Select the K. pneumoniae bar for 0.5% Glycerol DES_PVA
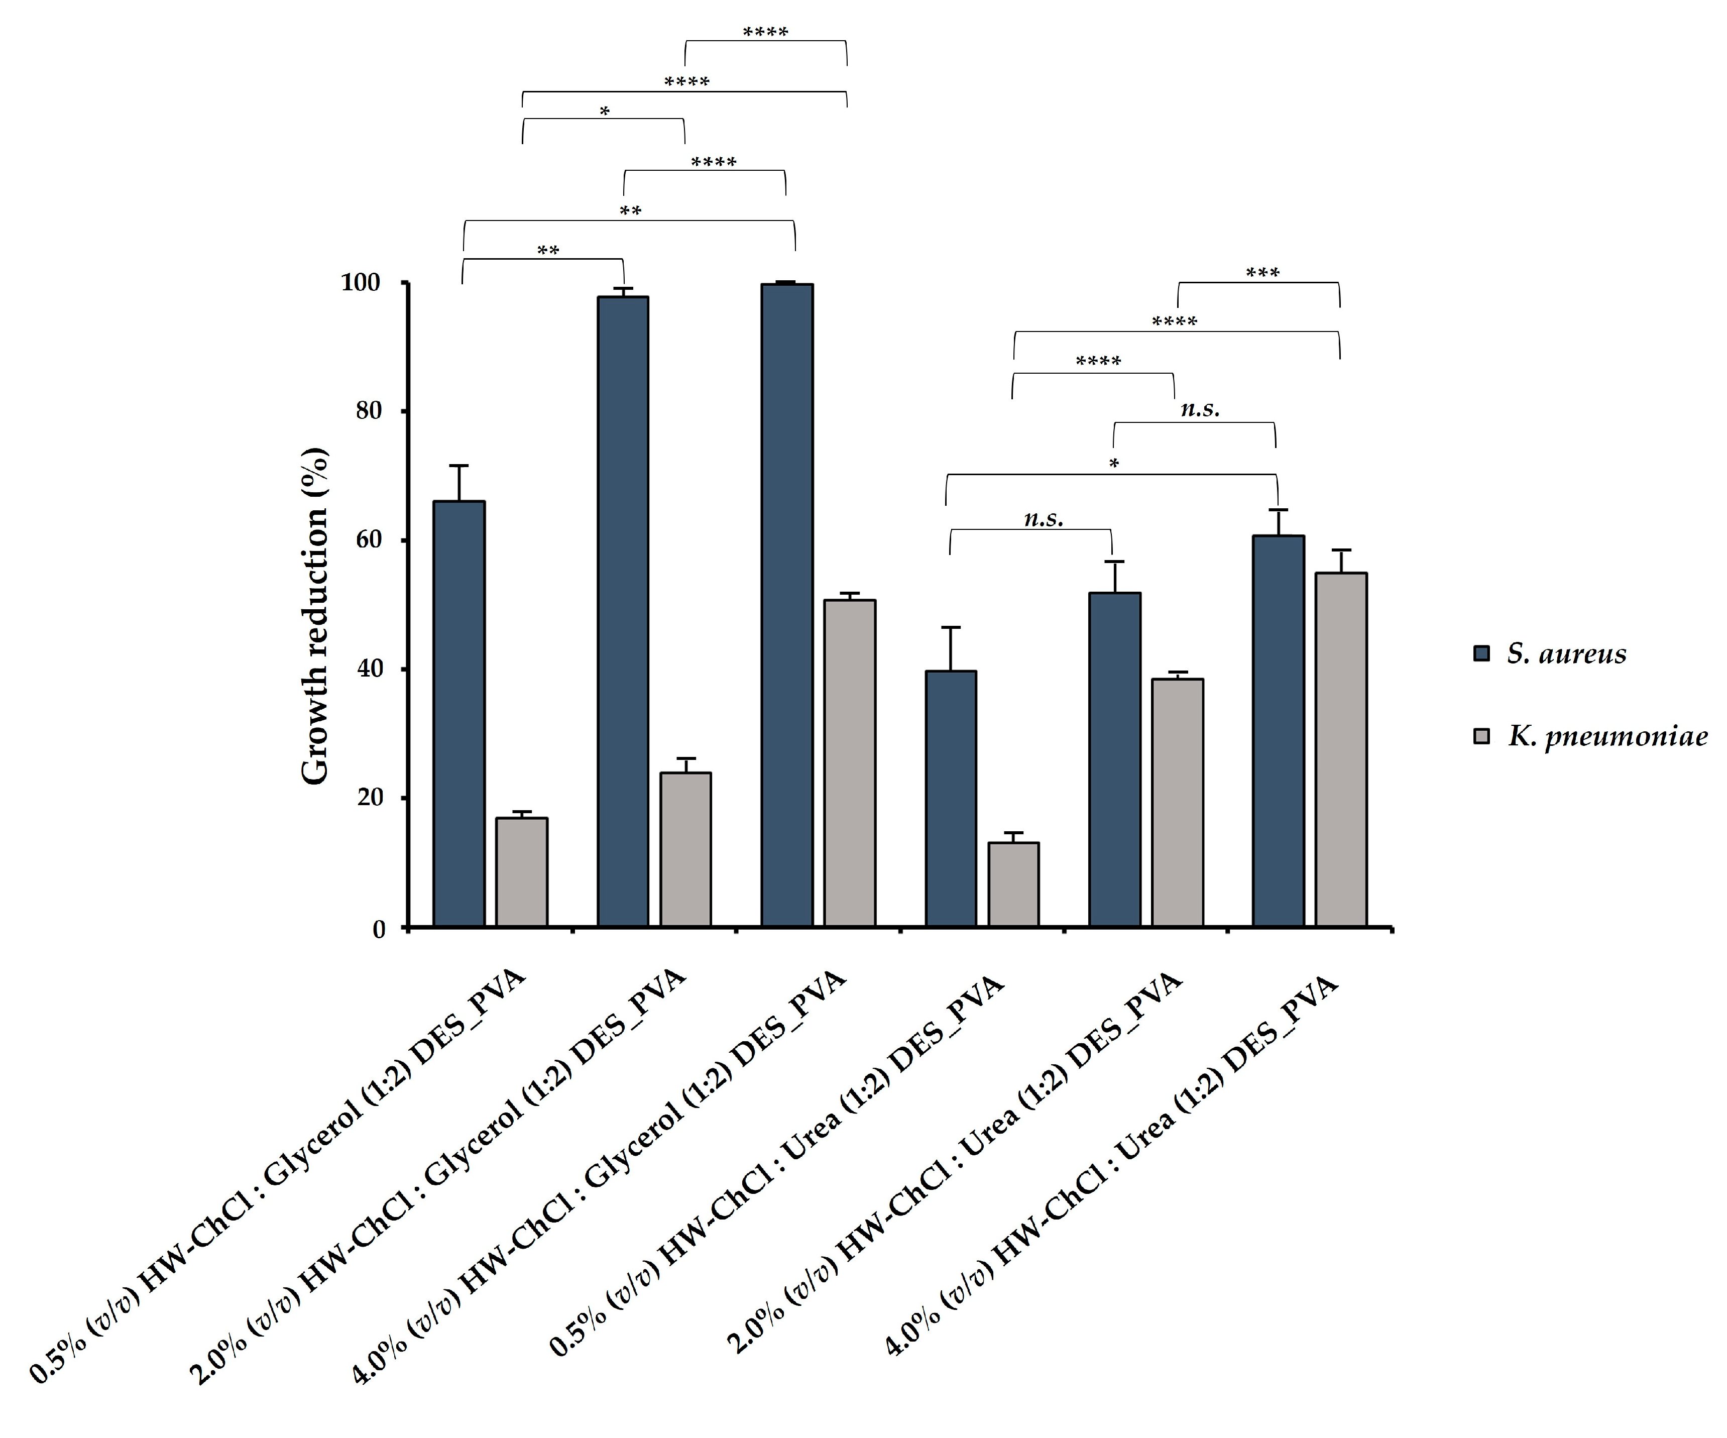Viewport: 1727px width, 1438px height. pyautogui.click(x=521, y=872)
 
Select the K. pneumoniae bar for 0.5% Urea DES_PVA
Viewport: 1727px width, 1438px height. pyautogui.click(x=1013, y=884)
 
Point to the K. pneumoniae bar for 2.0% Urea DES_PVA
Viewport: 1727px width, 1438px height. pyautogui.click(x=1177, y=802)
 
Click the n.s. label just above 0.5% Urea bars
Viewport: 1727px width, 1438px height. pyautogui.click(x=1043, y=519)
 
